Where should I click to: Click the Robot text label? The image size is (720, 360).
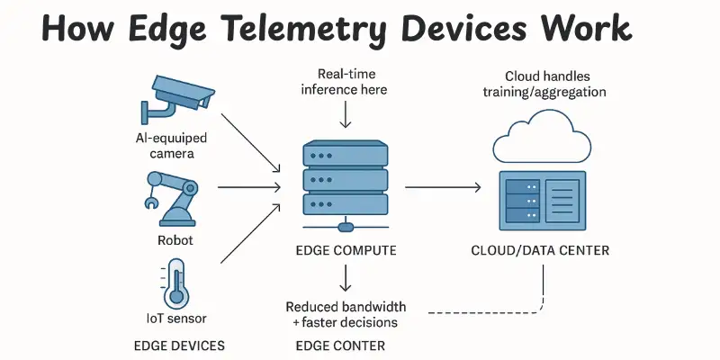click(175, 240)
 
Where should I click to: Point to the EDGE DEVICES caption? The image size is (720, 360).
click(178, 346)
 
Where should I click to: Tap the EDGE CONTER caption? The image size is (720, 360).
click(339, 346)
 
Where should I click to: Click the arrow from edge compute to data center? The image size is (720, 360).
click(441, 187)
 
